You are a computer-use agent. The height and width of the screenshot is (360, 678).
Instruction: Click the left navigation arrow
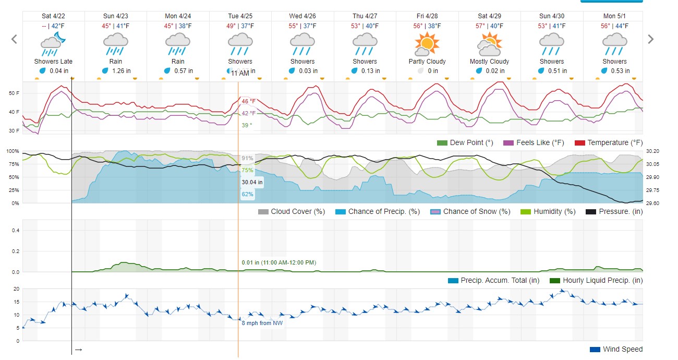[x=14, y=39]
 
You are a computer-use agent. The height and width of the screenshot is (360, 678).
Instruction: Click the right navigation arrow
[x=650, y=39]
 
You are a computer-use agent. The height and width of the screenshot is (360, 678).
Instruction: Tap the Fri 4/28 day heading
[x=427, y=16]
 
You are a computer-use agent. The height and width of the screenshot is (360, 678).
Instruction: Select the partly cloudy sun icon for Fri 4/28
[x=427, y=44]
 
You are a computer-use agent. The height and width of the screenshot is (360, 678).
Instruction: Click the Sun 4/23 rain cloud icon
[x=116, y=44]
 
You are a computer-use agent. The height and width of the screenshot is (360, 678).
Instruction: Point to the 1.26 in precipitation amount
[x=119, y=71]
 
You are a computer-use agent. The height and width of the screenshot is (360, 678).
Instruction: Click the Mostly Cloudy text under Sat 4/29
[x=489, y=62]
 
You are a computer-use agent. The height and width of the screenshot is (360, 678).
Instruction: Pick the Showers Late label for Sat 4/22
[x=53, y=62]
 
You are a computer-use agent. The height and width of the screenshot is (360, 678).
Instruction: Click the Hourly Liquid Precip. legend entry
[x=596, y=280]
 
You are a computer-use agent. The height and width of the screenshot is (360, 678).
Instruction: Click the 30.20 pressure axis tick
[x=653, y=151]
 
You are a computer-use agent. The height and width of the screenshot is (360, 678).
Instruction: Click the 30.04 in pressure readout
[x=252, y=183]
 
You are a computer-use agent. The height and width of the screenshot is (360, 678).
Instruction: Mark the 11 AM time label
[x=240, y=74]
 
